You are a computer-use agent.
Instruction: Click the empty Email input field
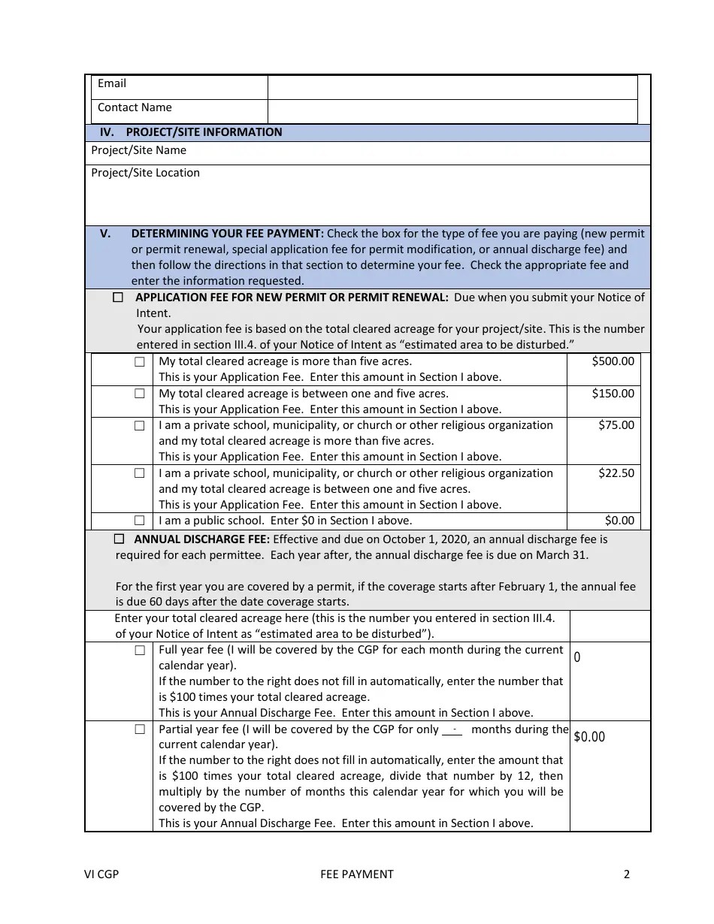[452, 86]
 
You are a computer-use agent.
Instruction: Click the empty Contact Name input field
[452, 110]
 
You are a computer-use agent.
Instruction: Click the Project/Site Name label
[138, 150]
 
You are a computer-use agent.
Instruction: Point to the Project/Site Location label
[145, 173]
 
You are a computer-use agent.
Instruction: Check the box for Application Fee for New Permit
[118, 297]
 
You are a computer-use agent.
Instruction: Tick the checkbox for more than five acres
[140, 361]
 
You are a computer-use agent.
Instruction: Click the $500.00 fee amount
[613, 361]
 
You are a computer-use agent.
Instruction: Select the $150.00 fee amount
[613, 394]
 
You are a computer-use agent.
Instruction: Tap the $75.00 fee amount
[616, 425]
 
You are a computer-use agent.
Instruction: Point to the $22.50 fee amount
[616, 473]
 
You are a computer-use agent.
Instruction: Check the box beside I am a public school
[140, 520]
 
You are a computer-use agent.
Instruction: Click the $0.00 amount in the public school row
[619, 521]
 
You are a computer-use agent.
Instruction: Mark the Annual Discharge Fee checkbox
[119, 539]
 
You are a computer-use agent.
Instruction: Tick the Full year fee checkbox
[140, 651]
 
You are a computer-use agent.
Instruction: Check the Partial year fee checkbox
[140, 729]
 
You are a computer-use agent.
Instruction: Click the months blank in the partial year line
[452, 729]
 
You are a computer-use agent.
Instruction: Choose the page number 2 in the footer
[626, 874]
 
